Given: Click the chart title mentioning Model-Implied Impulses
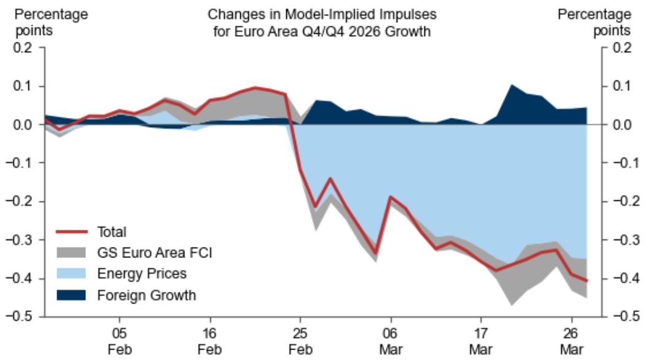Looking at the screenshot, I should [319, 22].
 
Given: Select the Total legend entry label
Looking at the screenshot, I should [112, 232].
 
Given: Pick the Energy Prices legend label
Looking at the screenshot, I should [142, 273].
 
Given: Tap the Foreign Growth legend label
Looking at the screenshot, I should [146, 295].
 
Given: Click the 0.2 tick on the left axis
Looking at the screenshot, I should [28, 48].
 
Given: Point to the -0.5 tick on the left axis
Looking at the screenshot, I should [26, 317].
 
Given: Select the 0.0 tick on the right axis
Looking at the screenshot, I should [621, 125].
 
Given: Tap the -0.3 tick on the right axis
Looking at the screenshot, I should [619, 240].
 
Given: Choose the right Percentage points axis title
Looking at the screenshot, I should [593, 22].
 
